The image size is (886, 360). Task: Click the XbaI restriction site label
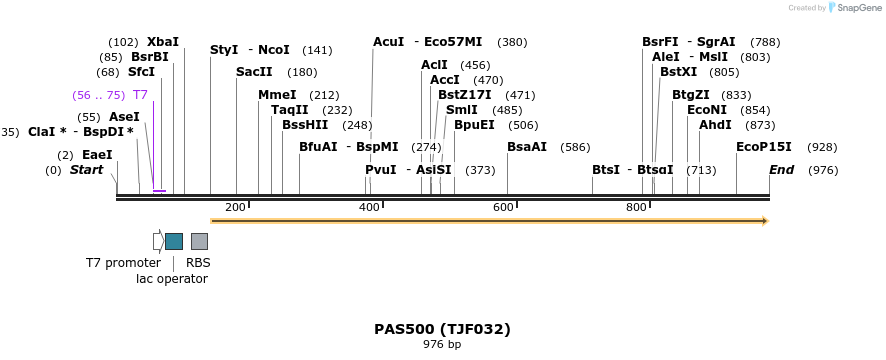click(x=163, y=42)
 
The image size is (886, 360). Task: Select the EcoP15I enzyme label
click(x=764, y=147)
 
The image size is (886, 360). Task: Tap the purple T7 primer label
click(x=140, y=95)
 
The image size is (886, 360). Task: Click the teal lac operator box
click(x=174, y=241)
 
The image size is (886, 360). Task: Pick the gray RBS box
click(x=199, y=241)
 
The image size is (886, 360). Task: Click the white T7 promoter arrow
click(x=157, y=241)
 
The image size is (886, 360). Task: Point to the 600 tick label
click(x=503, y=207)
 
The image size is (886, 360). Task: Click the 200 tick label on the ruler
click(x=235, y=207)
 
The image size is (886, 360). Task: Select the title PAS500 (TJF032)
click(x=442, y=329)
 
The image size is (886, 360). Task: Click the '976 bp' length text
click(x=442, y=345)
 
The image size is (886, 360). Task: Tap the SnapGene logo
click(x=852, y=8)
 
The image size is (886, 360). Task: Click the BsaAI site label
click(x=527, y=147)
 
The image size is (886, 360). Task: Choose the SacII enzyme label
click(x=254, y=72)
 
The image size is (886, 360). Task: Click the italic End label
click(x=781, y=170)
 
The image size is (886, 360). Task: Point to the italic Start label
click(x=86, y=170)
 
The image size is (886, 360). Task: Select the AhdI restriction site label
click(x=715, y=125)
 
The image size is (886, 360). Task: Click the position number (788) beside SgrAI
click(x=765, y=42)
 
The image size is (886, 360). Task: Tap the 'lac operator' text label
click(x=172, y=279)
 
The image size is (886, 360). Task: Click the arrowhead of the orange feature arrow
click(x=764, y=220)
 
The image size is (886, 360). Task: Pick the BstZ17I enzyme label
click(x=465, y=95)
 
